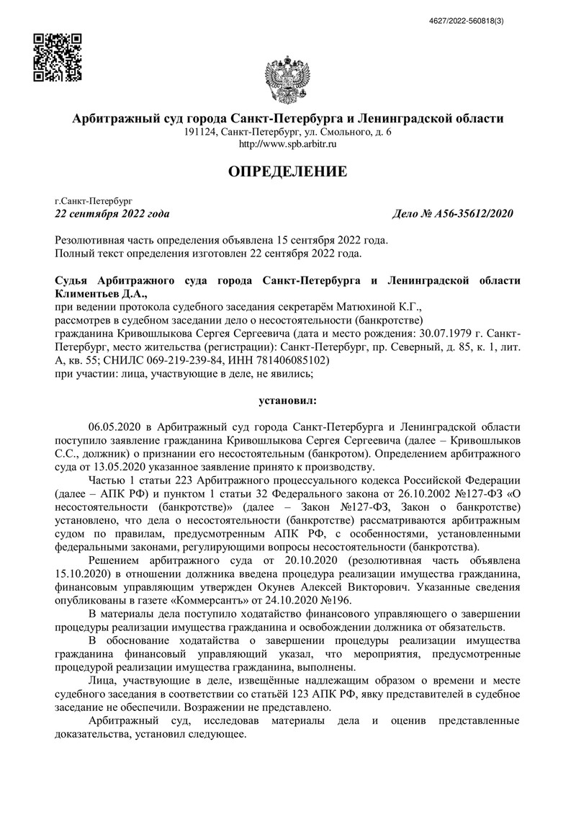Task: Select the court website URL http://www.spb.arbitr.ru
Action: (287, 144)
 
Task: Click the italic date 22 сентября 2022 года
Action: (112, 214)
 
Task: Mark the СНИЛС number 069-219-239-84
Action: (197, 360)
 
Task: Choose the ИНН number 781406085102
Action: (294, 360)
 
